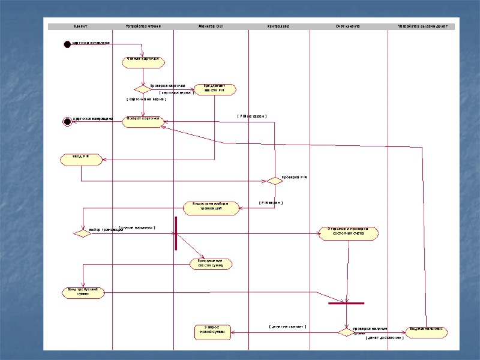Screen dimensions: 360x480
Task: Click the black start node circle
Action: pos(67,44)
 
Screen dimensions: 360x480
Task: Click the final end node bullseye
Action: pos(67,122)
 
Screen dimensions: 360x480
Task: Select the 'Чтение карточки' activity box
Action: pos(143,62)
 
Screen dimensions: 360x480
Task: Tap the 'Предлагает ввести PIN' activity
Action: pos(215,89)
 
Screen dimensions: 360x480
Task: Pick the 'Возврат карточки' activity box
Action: pos(143,121)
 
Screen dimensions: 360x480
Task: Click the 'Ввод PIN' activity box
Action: pos(81,159)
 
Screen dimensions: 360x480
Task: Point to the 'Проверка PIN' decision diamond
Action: pos(274,180)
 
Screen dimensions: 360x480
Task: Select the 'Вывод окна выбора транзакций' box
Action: pos(211,208)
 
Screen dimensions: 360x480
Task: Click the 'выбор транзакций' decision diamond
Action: pos(82,233)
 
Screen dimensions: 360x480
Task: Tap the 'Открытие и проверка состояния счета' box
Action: pos(348,233)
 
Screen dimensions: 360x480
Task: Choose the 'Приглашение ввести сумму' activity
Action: pos(211,263)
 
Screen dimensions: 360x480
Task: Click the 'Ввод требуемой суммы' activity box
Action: pos(83,292)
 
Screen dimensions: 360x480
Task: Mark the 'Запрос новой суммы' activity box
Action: pos(214,331)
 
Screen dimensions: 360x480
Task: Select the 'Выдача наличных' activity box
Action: pos(427,331)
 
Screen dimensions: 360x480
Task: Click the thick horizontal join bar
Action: pos(346,303)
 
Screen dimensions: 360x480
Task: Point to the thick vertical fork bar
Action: pos(176,233)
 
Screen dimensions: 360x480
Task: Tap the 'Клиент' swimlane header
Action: pos(81,26)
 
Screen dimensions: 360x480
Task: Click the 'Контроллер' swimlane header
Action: pos(278,26)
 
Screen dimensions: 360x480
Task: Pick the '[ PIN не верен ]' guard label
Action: pos(252,116)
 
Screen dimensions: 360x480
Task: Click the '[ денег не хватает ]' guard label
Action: pos(287,327)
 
